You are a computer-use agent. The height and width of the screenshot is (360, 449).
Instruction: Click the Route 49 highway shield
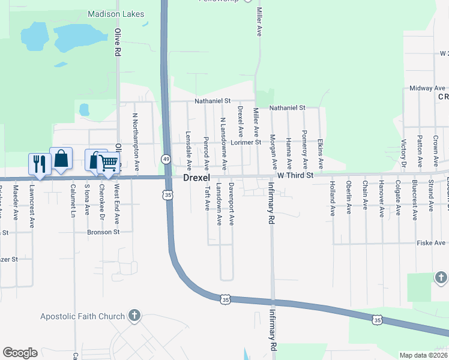pos(165,158)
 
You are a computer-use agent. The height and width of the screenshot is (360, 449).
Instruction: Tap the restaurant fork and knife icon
pos(39,163)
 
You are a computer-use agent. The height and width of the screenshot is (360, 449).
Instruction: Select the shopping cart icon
pos(108,163)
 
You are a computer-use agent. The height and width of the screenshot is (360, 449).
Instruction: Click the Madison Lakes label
pos(113,13)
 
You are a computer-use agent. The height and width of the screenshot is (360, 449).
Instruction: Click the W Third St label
pos(295,175)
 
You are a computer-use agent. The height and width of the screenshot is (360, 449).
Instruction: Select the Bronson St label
pos(104,232)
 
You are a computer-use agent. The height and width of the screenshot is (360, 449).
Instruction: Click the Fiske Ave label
pos(432,243)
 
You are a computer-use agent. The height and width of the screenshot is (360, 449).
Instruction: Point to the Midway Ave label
pos(427,88)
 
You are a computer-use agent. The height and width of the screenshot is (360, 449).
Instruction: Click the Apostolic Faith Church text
pos(82,316)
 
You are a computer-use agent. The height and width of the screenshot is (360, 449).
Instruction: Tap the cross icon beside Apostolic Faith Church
pos(134,316)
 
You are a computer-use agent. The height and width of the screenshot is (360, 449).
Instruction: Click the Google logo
pos(20,353)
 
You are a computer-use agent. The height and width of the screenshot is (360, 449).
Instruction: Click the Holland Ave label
pos(332,199)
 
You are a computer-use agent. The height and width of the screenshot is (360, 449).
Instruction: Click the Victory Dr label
pos(403,154)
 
